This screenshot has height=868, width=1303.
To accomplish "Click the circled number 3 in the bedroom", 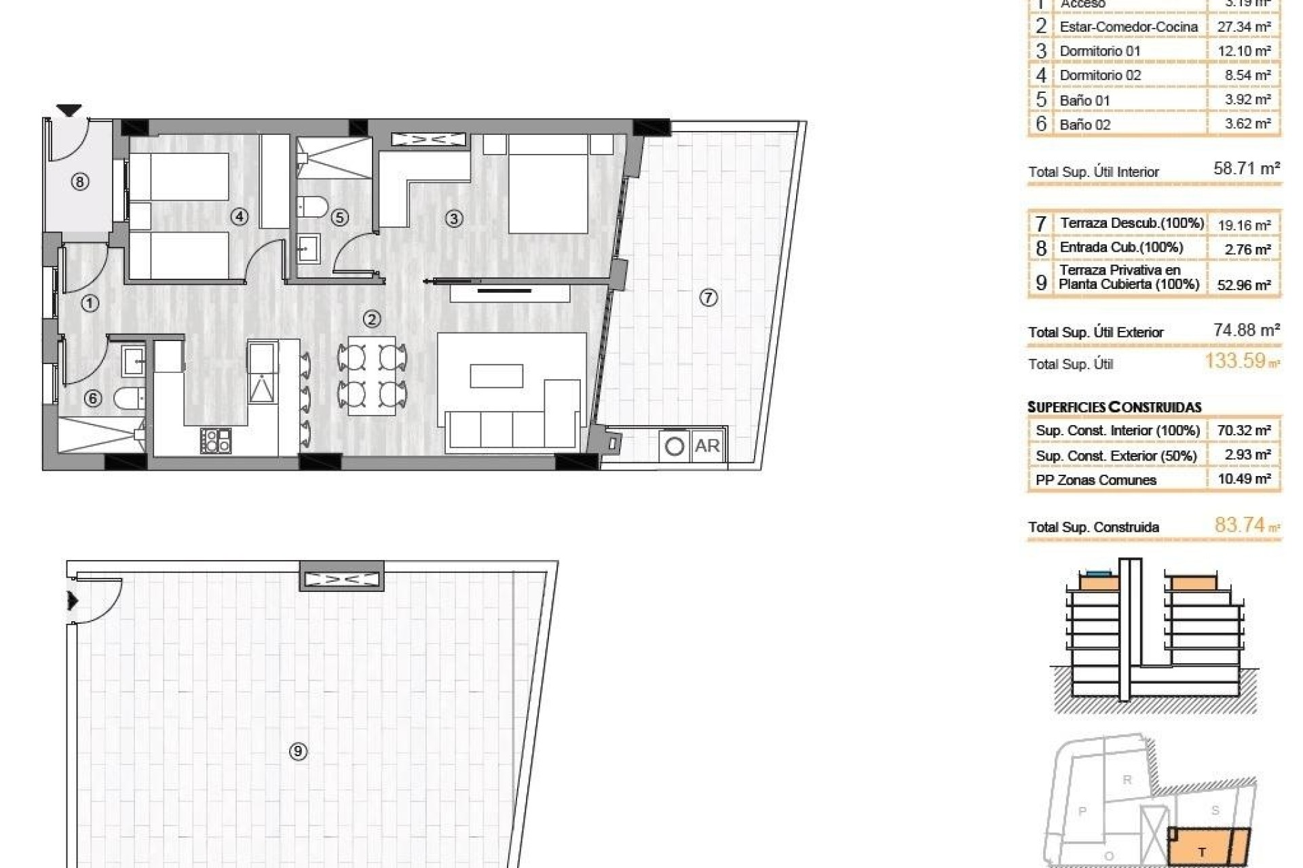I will (454, 218).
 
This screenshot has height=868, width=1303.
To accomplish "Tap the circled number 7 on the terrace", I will (708, 298).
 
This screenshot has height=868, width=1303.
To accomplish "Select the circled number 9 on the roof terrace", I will (298, 751).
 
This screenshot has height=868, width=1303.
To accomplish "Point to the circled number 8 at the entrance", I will (80, 182).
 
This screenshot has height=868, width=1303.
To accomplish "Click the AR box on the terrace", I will (707, 446).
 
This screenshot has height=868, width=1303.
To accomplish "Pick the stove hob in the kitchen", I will (216, 440).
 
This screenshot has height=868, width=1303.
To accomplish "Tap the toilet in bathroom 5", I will (313, 206).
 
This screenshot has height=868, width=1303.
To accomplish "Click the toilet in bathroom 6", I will (129, 398).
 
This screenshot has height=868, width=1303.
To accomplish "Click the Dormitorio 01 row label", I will (1100, 51).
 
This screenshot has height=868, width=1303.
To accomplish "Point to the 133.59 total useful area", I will (1236, 361).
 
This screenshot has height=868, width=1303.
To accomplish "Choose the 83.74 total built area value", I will (1240, 525).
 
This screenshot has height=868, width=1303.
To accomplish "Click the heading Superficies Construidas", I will (1114, 407).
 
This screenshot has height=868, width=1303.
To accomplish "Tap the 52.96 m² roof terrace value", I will (1243, 285).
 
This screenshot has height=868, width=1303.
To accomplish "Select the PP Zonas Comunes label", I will (1095, 480).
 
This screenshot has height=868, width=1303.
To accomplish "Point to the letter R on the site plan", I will (1127, 780).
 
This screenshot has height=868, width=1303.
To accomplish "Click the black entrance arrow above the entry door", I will (69, 110).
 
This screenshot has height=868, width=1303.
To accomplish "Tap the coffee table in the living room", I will (497, 376).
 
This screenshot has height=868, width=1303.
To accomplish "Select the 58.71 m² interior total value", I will (1246, 168).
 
